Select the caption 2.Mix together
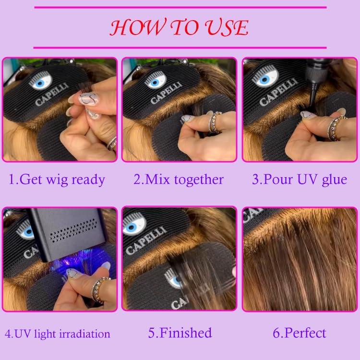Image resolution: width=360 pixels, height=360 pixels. pos(179,180)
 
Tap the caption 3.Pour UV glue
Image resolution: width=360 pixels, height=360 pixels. pos(300,180)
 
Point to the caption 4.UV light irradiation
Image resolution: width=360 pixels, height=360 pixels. pos(58,333)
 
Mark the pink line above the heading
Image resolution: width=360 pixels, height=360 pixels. pos(180,7)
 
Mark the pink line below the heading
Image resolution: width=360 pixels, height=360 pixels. pos(180,48)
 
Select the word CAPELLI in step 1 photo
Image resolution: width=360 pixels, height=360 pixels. pos(47,96)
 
